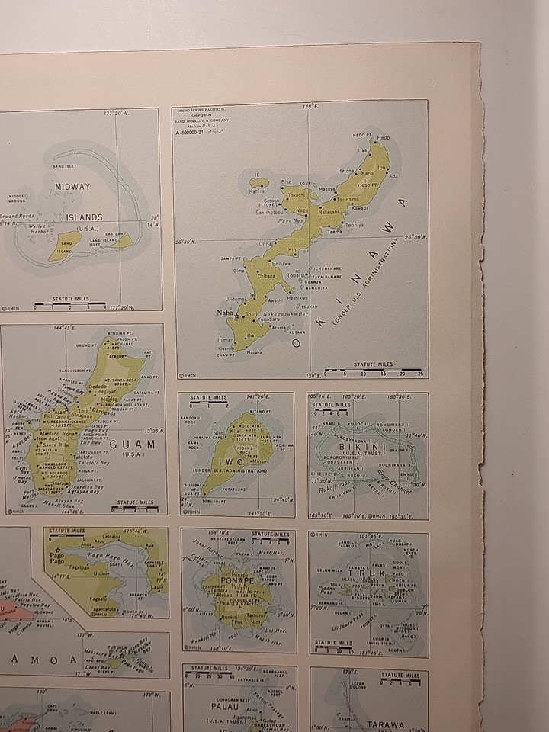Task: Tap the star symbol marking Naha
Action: point(237,315)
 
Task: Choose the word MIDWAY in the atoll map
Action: point(72,186)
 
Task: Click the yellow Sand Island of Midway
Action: point(65,246)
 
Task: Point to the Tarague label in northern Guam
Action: point(116,355)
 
